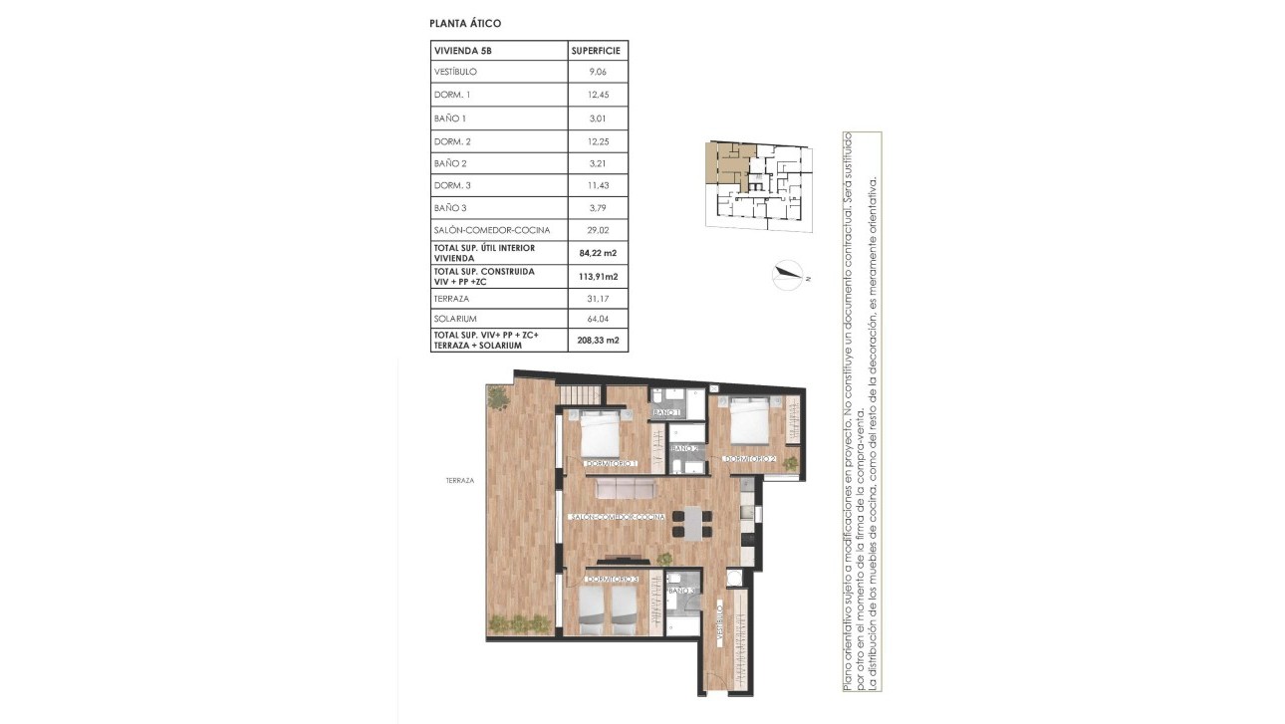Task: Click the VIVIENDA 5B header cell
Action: coord(462,50)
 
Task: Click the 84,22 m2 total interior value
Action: coord(598,253)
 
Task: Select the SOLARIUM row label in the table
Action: coord(456,319)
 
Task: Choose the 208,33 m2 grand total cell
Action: coord(598,341)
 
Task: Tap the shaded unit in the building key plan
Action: coord(724,162)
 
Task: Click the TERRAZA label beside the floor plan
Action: coord(460,480)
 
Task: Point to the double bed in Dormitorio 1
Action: coord(602,436)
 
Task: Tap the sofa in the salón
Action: coord(621,488)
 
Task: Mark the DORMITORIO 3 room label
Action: coord(611,579)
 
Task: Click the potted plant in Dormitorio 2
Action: coord(791,461)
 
